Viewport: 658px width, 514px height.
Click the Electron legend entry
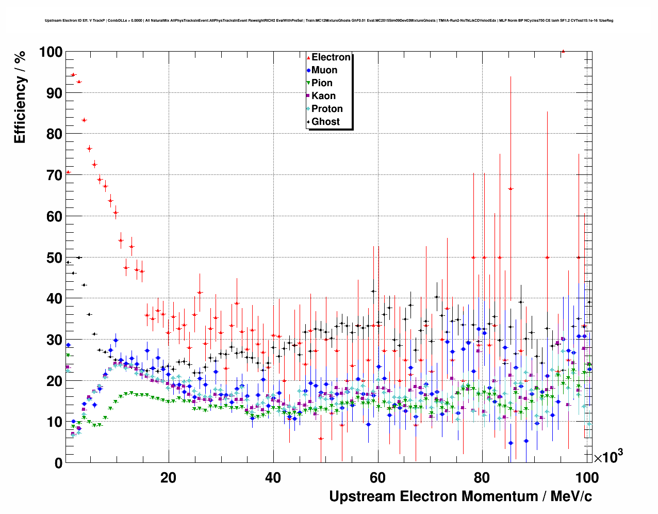pos(331,57)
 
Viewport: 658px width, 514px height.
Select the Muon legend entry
pos(324,70)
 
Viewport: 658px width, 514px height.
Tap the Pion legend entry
pos(321,83)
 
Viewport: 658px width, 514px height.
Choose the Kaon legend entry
pos(323,96)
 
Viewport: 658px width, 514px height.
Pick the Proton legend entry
pos(326,109)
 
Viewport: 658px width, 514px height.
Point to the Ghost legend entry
pos(325,122)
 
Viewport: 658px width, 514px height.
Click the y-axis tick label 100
pos(51,52)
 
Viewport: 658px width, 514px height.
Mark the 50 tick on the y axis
pos(54,258)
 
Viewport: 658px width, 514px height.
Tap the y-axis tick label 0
pos(58,463)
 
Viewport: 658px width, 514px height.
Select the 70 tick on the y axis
pos(54,175)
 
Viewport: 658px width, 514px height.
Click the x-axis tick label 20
pos(168,477)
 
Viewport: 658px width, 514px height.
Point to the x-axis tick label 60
pos(378,477)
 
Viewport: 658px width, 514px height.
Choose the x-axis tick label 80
pos(483,477)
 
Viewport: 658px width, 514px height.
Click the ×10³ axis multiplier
pos(608,457)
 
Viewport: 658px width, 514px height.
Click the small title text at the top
pos(329,21)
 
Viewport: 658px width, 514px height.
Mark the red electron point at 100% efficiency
pos(563,51)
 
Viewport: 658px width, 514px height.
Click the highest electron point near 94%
pos(73,75)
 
